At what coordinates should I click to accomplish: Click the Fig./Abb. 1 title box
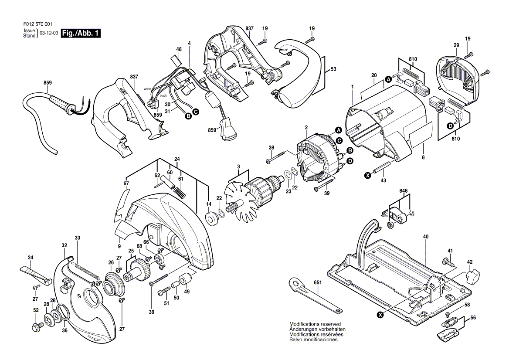81,33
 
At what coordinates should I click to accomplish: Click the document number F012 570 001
37,24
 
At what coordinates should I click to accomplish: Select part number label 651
318,283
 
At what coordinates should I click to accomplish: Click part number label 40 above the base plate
426,237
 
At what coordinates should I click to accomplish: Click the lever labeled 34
36,274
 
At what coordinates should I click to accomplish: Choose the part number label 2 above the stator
306,128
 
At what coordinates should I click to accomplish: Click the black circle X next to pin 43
367,176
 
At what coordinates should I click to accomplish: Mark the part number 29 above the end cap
456,45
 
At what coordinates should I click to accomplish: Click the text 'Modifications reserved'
315,324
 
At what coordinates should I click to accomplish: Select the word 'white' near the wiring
148,88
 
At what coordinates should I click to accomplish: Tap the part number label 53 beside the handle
333,69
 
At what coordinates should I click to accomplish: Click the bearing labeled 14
212,218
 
